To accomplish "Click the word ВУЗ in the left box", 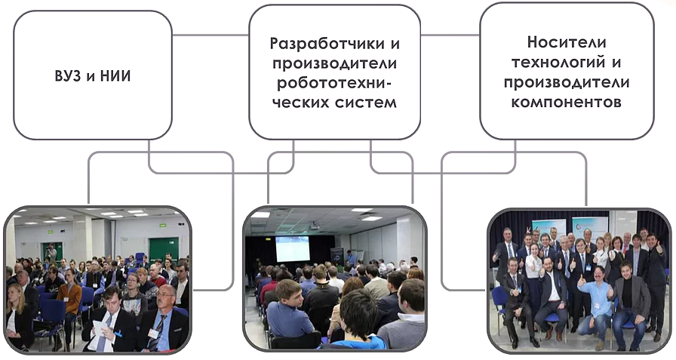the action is point(69,76).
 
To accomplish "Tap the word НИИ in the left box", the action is point(115,76).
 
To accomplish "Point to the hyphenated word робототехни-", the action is point(334,83).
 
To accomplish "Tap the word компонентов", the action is point(566,102).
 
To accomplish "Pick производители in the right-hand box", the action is point(567,82).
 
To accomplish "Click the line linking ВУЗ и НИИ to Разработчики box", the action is point(210,35).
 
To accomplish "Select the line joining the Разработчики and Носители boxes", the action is point(450,35).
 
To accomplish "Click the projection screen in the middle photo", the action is point(293,249).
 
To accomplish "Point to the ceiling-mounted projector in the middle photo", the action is point(315,225).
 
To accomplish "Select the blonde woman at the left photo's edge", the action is point(17,315).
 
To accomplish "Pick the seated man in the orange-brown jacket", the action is point(68,302).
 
